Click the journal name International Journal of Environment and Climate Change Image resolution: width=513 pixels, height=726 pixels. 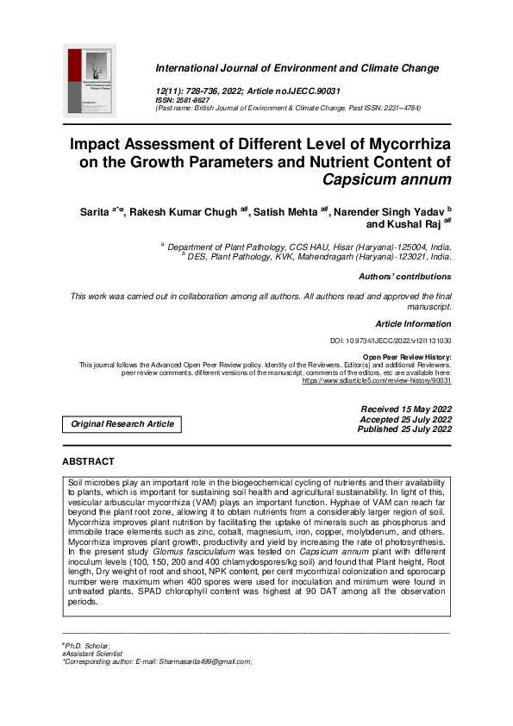click(x=297, y=67)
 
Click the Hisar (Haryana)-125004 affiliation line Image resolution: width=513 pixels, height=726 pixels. click(x=308, y=246)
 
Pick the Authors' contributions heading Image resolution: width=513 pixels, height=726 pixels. click(x=404, y=277)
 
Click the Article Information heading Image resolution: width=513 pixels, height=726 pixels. click(x=413, y=323)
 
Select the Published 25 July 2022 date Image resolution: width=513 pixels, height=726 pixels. click(x=404, y=429)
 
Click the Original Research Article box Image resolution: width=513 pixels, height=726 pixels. click(x=122, y=423)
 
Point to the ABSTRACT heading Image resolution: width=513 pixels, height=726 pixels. click(x=88, y=462)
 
